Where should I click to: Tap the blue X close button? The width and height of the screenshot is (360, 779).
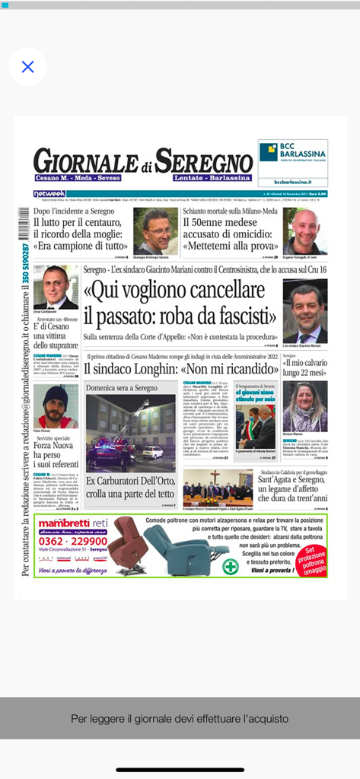[x=27, y=67]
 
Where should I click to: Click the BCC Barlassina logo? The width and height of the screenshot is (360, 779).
[x=292, y=157]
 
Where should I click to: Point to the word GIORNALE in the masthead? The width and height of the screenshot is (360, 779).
[x=85, y=161]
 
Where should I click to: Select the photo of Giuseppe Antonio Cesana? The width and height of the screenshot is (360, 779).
[x=155, y=229]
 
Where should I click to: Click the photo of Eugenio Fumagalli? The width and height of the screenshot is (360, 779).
[x=304, y=231]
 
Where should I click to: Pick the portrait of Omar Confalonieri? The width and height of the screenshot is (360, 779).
[x=55, y=286]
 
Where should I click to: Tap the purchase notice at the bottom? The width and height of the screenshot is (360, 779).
[x=180, y=717]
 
